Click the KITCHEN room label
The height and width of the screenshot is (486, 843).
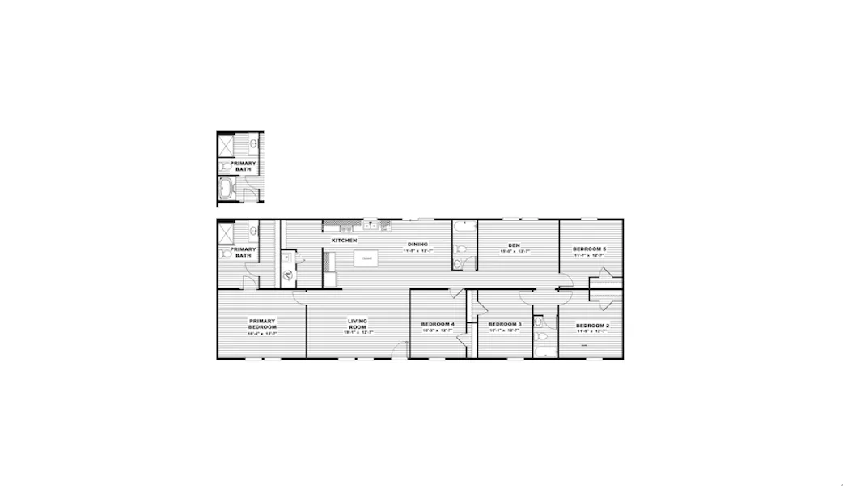pyautogui.click(x=344, y=241)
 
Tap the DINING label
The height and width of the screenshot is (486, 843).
pyautogui.click(x=417, y=245)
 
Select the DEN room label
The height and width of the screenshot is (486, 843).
pyautogui.click(x=513, y=245)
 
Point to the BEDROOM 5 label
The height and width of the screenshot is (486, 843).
pyautogui.click(x=590, y=249)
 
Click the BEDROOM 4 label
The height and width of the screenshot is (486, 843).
pyautogui.click(x=438, y=325)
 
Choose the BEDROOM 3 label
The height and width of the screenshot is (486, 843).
pyautogui.click(x=505, y=325)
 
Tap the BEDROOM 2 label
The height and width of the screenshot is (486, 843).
pyautogui.click(x=593, y=326)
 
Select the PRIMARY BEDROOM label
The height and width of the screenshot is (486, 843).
pyautogui.click(x=263, y=324)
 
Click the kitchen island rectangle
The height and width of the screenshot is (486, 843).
pyautogui.click(x=367, y=259)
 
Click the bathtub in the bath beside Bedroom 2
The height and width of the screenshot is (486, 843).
pyautogui.click(x=546, y=352)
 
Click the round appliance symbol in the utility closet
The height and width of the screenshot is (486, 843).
pyautogui.click(x=288, y=275)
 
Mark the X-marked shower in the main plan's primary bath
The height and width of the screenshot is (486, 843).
pyautogui.click(x=225, y=234)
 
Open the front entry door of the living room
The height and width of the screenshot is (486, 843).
pyautogui.click(x=400, y=349)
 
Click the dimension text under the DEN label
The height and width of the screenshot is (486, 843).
pyautogui.click(x=513, y=251)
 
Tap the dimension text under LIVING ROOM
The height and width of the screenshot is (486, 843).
pyautogui.click(x=358, y=332)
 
